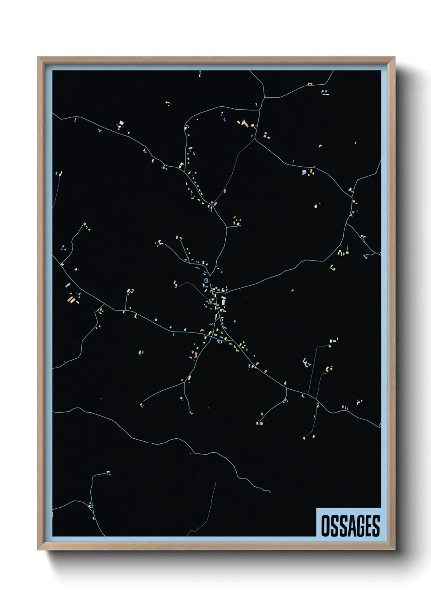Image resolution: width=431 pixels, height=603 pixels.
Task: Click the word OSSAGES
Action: tap(350, 526)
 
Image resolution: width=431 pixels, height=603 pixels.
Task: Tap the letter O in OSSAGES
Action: tap(325, 526)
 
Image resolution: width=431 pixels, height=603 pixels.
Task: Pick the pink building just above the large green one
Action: tap(223, 298)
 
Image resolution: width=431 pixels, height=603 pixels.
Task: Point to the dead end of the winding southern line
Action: tap(270, 492)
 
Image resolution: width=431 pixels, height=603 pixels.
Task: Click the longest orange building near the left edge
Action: tap(71, 300)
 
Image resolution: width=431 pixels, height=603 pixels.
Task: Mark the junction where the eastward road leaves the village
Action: tap(225, 292)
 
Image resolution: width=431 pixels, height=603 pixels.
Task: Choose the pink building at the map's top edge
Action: tap(200, 74)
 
